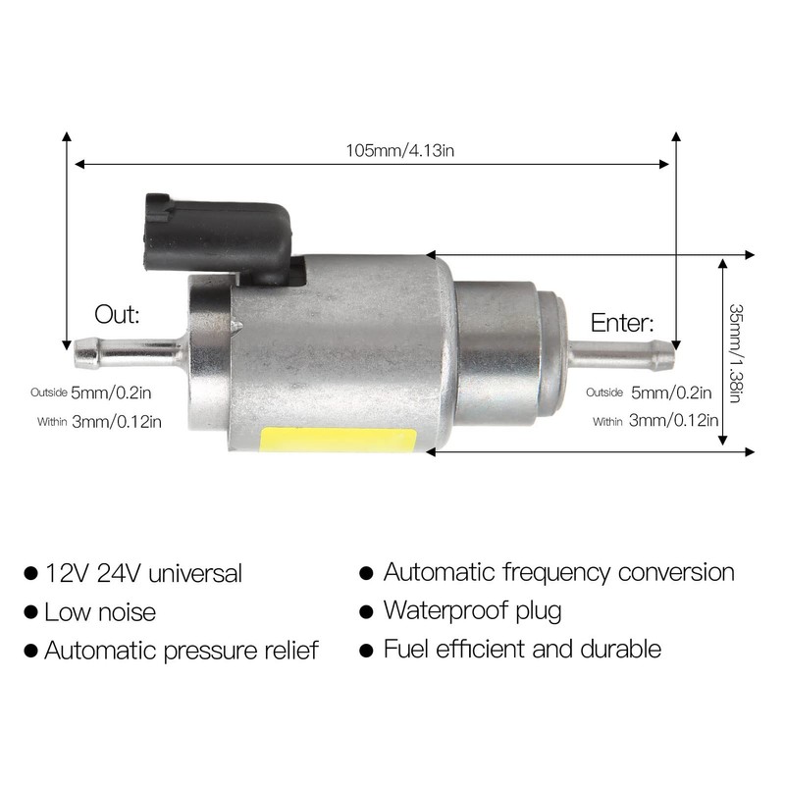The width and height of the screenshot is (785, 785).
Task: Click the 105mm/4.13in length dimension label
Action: pyautogui.click(x=400, y=150)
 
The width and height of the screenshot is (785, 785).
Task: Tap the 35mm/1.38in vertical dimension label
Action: pyautogui.click(x=735, y=353)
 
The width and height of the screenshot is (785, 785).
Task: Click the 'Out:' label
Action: pyautogui.click(x=117, y=314)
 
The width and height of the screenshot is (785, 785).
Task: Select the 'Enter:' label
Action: pyautogui.click(x=622, y=323)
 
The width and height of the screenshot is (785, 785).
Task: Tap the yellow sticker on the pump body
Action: pyautogui.click(x=338, y=439)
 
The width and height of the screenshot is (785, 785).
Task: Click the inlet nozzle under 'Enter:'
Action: pyautogui.click(x=622, y=356)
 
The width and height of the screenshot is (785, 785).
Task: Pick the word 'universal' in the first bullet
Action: pyautogui.click(x=195, y=573)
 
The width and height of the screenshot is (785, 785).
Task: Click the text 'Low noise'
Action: pyautogui.click(x=100, y=611)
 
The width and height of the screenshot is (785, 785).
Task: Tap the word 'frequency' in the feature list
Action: pyautogui.click(x=555, y=573)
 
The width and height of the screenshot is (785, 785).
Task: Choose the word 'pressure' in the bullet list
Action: pyautogui.click(x=210, y=652)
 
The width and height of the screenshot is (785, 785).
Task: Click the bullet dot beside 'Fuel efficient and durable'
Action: pyautogui.click(x=366, y=651)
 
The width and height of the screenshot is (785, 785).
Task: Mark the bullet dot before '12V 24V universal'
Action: pyautogui.click(x=31, y=573)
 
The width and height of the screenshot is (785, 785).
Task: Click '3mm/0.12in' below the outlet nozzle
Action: pyautogui.click(x=117, y=422)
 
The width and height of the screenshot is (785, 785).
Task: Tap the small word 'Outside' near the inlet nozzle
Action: pyautogui.click(x=604, y=392)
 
